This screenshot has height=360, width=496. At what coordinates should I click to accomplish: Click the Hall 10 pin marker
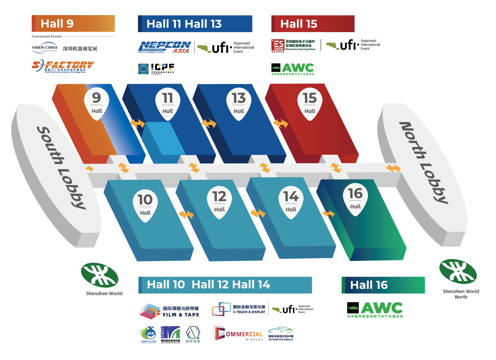(x=145, y=205)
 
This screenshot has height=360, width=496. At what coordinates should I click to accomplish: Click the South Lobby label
(x=61, y=168)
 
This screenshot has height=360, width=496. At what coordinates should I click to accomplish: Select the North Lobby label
(x=423, y=162)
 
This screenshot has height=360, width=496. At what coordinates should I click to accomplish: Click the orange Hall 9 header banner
(x=73, y=23)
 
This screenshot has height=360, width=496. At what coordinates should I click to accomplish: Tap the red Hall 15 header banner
(x=313, y=24)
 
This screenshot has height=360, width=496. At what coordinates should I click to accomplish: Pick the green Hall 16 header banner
(x=383, y=285)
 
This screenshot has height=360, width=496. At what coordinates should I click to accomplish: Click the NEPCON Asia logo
(x=164, y=47)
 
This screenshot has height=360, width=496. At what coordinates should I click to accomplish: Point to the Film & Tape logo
(x=169, y=311)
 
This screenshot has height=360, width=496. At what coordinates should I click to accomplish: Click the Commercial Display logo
(x=238, y=333)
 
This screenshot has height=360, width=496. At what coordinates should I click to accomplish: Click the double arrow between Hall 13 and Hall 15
(x=280, y=124)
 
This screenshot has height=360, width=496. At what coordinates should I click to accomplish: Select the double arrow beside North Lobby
(x=393, y=168)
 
